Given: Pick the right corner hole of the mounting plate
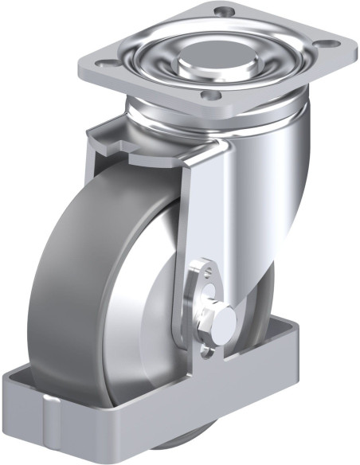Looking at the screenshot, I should click(325, 45).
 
